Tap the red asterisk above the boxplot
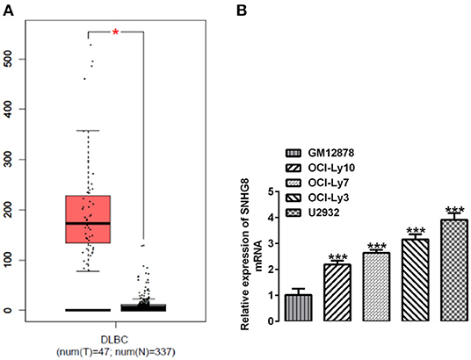pyautogui.click(x=115, y=32)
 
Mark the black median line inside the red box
pyautogui.click(x=86, y=224)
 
